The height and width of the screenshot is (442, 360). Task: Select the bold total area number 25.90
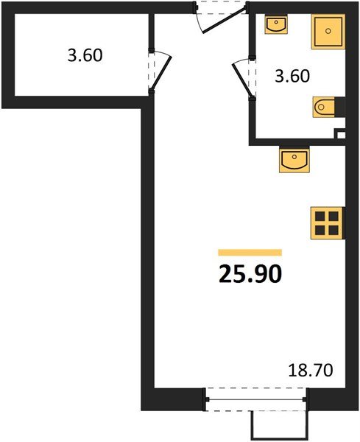click(250, 274)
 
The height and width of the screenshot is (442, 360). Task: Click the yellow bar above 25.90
click(250, 253)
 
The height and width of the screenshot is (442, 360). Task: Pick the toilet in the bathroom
click(324, 108)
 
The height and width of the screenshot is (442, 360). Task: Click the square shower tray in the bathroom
click(328, 32)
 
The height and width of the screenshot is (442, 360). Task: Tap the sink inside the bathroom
click(277, 26)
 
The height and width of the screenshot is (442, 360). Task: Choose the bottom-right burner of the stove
click(333, 228)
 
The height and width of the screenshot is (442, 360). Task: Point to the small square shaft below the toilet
click(340, 135)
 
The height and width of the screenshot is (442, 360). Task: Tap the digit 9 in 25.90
click(258, 274)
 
